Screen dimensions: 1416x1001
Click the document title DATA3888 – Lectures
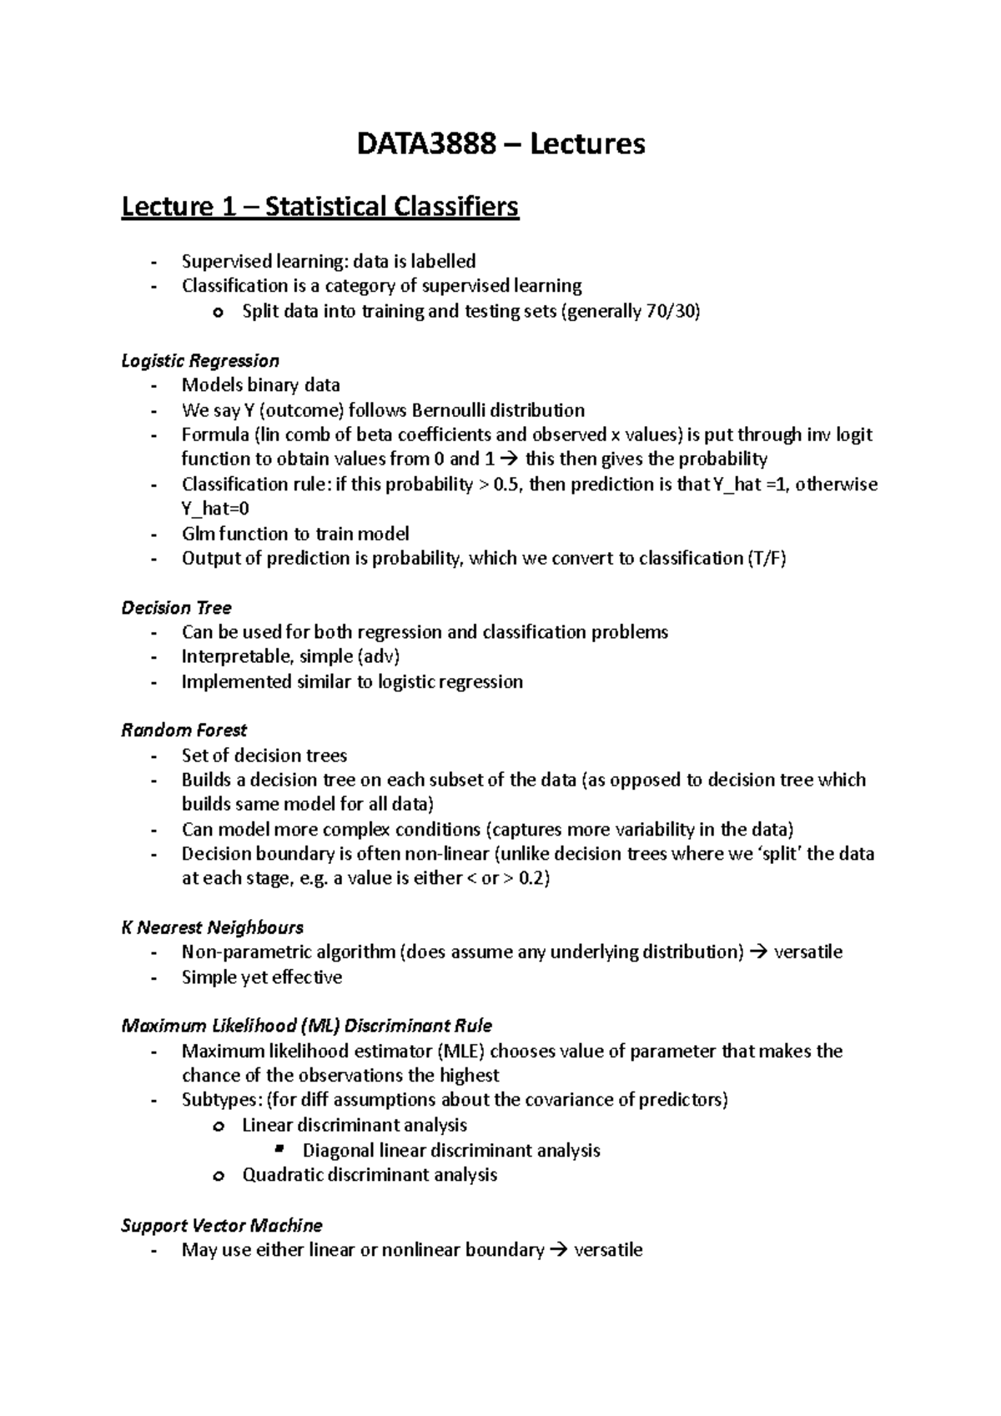point(500,144)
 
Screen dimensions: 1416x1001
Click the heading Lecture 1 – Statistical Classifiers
point(320,206)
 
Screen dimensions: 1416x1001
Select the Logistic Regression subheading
point(200,360)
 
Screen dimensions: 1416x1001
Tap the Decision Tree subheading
point(176,607)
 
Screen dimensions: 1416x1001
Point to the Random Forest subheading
point(184,731)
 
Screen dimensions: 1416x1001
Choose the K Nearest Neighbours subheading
point(212,927)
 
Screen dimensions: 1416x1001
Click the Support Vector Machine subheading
point(222,1225)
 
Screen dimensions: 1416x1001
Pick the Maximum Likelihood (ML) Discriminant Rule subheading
point(306,1026)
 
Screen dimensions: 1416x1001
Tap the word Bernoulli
point(448,410)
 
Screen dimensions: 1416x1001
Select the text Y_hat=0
point(215,509)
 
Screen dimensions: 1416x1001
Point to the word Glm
point(199,534)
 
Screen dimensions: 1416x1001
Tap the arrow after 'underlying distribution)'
point(758,952)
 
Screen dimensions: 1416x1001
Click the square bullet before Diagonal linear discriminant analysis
point(279,1150)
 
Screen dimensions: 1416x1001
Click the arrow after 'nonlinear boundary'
point(559,1250)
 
